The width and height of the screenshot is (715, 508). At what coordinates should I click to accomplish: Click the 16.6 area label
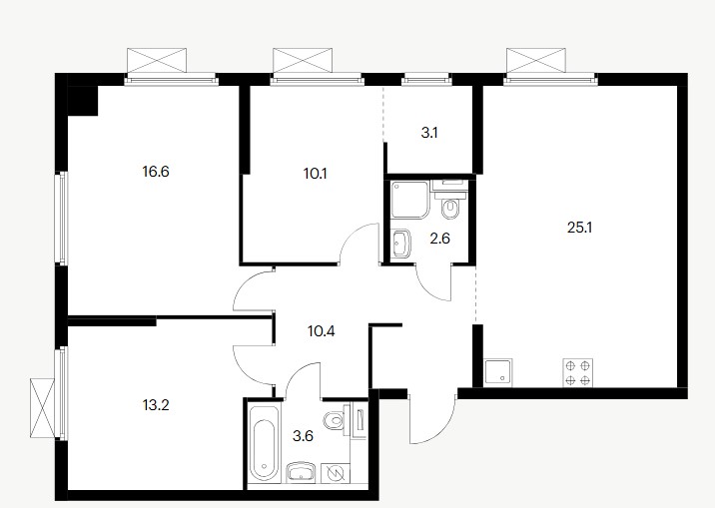click(156, 173)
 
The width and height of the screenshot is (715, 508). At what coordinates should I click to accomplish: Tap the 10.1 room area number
click(316, 174)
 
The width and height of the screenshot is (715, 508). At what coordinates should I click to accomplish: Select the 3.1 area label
click(429, 133)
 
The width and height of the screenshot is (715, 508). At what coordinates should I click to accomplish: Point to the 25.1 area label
click(579, 228)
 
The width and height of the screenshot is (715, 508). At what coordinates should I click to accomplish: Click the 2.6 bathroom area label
click(440, 239)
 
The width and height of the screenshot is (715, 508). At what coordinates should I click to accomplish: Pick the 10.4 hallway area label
click(321, 331)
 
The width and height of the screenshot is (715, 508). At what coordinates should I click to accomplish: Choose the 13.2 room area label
click(156, 404)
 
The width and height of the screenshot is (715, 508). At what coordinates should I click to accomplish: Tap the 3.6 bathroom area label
click(303, 436)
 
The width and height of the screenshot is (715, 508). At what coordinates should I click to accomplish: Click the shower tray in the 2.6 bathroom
click(410, 200)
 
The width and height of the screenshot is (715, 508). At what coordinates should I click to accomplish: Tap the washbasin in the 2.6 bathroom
click(401, 244)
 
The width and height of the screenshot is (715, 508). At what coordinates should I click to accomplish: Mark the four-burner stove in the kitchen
click(578, 372)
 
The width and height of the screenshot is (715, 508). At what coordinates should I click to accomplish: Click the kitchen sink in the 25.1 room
click(498, 372)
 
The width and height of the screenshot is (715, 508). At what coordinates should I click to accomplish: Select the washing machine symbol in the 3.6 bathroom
click(336, 473)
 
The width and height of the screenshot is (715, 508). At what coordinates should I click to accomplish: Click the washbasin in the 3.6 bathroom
click(302, 472)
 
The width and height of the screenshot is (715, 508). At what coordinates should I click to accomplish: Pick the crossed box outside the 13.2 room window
click(42, 407)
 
